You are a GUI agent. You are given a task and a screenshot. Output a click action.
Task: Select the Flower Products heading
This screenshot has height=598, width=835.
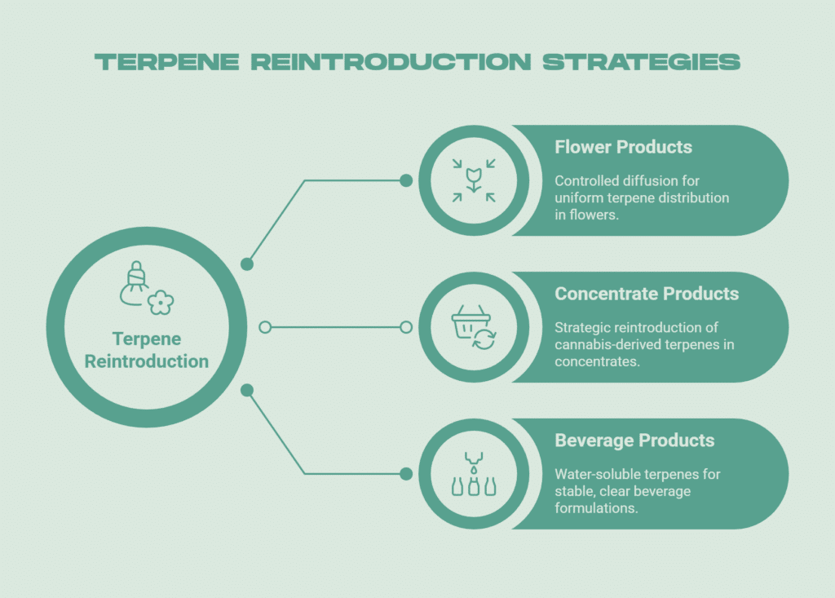pos(623,148)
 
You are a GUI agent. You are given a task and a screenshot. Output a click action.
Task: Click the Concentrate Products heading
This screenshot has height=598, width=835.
pos(647,294)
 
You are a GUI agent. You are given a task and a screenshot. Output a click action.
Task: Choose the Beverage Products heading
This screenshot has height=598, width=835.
pos(634,441)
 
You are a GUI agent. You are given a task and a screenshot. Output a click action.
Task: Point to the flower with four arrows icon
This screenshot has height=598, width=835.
pos(474,180)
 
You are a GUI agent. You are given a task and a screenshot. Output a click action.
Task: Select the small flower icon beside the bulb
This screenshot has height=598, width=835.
pos(161,303)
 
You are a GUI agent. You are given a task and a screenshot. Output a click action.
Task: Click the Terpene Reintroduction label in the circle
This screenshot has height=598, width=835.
pos(147,350)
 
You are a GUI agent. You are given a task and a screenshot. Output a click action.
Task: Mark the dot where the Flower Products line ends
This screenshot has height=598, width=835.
pos(406,180)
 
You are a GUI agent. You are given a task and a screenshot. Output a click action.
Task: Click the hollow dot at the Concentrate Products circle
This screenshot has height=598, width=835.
pos(406,327)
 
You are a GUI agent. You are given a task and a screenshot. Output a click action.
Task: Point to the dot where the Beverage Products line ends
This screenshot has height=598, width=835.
pos(406,473)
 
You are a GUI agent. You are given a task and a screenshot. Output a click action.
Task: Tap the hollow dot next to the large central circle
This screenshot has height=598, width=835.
pos(264,327)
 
